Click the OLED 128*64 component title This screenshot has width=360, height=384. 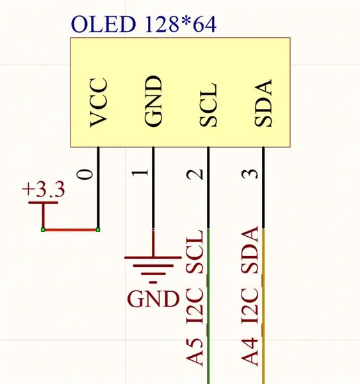tap(144, 24)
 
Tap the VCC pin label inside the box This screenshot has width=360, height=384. tap(99, 102)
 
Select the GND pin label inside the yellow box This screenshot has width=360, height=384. tap(153, 101)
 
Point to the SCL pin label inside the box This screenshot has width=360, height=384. tap(208, 105)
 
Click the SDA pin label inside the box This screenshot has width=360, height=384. tap(263, 102)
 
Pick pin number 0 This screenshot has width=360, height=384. tap(85, 174)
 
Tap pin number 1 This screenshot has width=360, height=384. tap(140, 173)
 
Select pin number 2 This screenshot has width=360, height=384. tap(195, 174)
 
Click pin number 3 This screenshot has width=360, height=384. tap(250, 174)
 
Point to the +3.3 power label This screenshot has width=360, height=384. tap(44, 189)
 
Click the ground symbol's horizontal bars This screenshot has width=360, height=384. tap(153, 269)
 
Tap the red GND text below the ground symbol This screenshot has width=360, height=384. tap(153, 299)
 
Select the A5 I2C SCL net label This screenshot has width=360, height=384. tap(195, 298)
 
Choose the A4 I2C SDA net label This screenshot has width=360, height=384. tap(250, 296)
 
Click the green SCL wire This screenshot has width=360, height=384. tap(208, 306)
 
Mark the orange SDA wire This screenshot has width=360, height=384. tap(263, 306)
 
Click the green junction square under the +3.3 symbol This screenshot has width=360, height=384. tap(43, 230)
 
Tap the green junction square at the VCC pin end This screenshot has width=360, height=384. tap(98, 230)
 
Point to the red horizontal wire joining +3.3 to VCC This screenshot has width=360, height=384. tap(70, 230)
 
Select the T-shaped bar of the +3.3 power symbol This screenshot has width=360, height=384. tap(44, 203)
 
